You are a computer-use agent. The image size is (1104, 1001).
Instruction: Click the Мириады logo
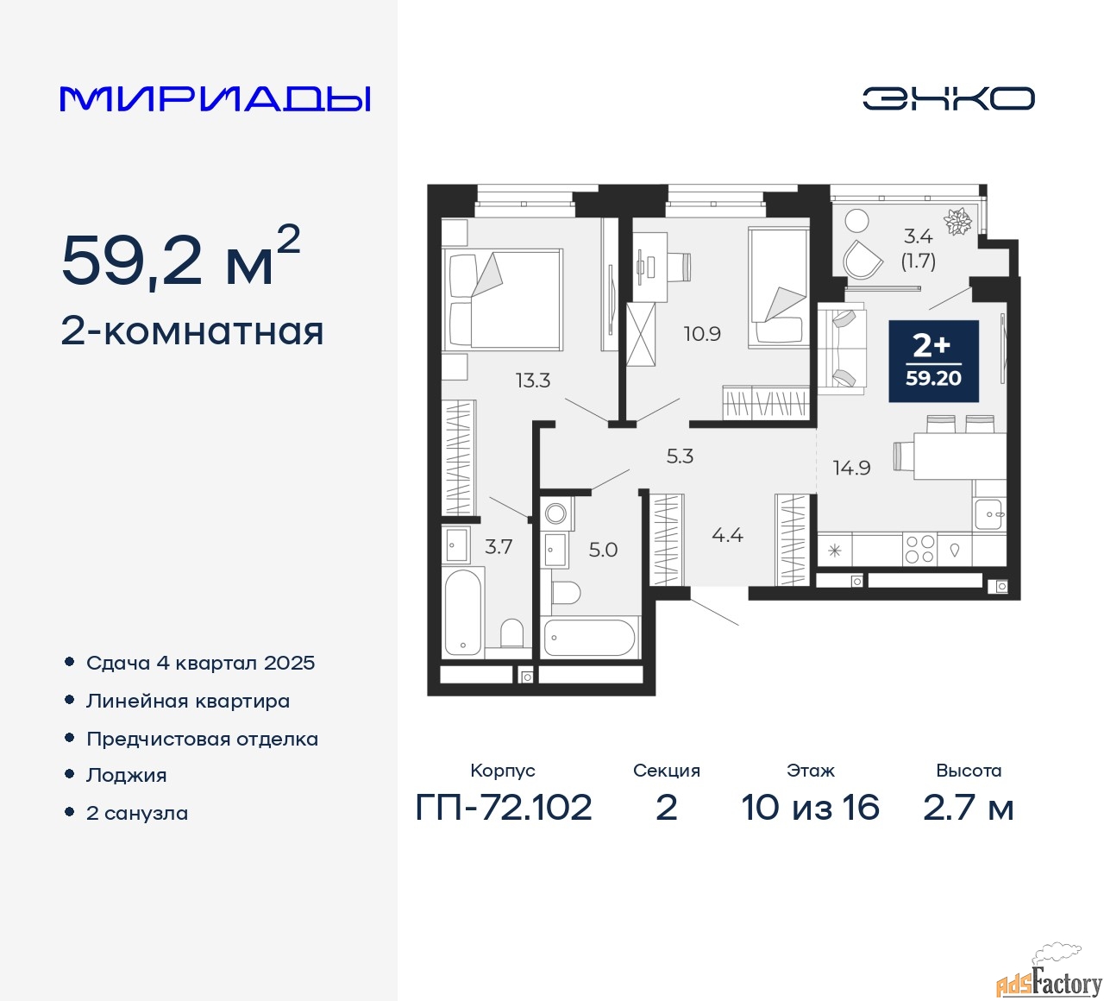[216, 98]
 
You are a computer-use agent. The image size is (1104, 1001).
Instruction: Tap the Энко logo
[948, 98]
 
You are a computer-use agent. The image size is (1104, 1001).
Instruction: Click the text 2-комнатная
[192, 331]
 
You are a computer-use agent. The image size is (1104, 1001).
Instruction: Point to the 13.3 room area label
[532, 381]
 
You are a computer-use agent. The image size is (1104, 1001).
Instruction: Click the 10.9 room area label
[702, 334]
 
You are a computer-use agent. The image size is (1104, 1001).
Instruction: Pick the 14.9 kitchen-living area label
[851, 468]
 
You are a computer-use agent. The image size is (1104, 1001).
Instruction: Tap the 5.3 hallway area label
[680, 456]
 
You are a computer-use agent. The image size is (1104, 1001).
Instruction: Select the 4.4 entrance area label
[727, 536]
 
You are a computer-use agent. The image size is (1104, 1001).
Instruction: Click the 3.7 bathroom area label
[499, 547]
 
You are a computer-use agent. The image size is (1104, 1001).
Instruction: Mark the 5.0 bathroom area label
[603, 550]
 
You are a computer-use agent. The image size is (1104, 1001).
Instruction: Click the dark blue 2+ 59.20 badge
[933, 361]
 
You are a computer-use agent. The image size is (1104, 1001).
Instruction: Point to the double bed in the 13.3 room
[504, 299]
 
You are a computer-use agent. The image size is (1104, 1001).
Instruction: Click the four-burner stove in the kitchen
[919, 550]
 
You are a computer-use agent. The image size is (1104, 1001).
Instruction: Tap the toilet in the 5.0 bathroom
[565, 592]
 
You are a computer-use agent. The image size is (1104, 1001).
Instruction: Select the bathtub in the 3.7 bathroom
[462, 613]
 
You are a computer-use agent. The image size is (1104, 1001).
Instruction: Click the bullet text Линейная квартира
[188, 701]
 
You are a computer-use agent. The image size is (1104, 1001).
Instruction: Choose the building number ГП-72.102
[504, 808]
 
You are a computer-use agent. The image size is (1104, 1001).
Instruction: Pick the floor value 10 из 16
[810, 808]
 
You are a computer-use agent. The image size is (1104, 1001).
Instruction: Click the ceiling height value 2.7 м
[968, 808]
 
